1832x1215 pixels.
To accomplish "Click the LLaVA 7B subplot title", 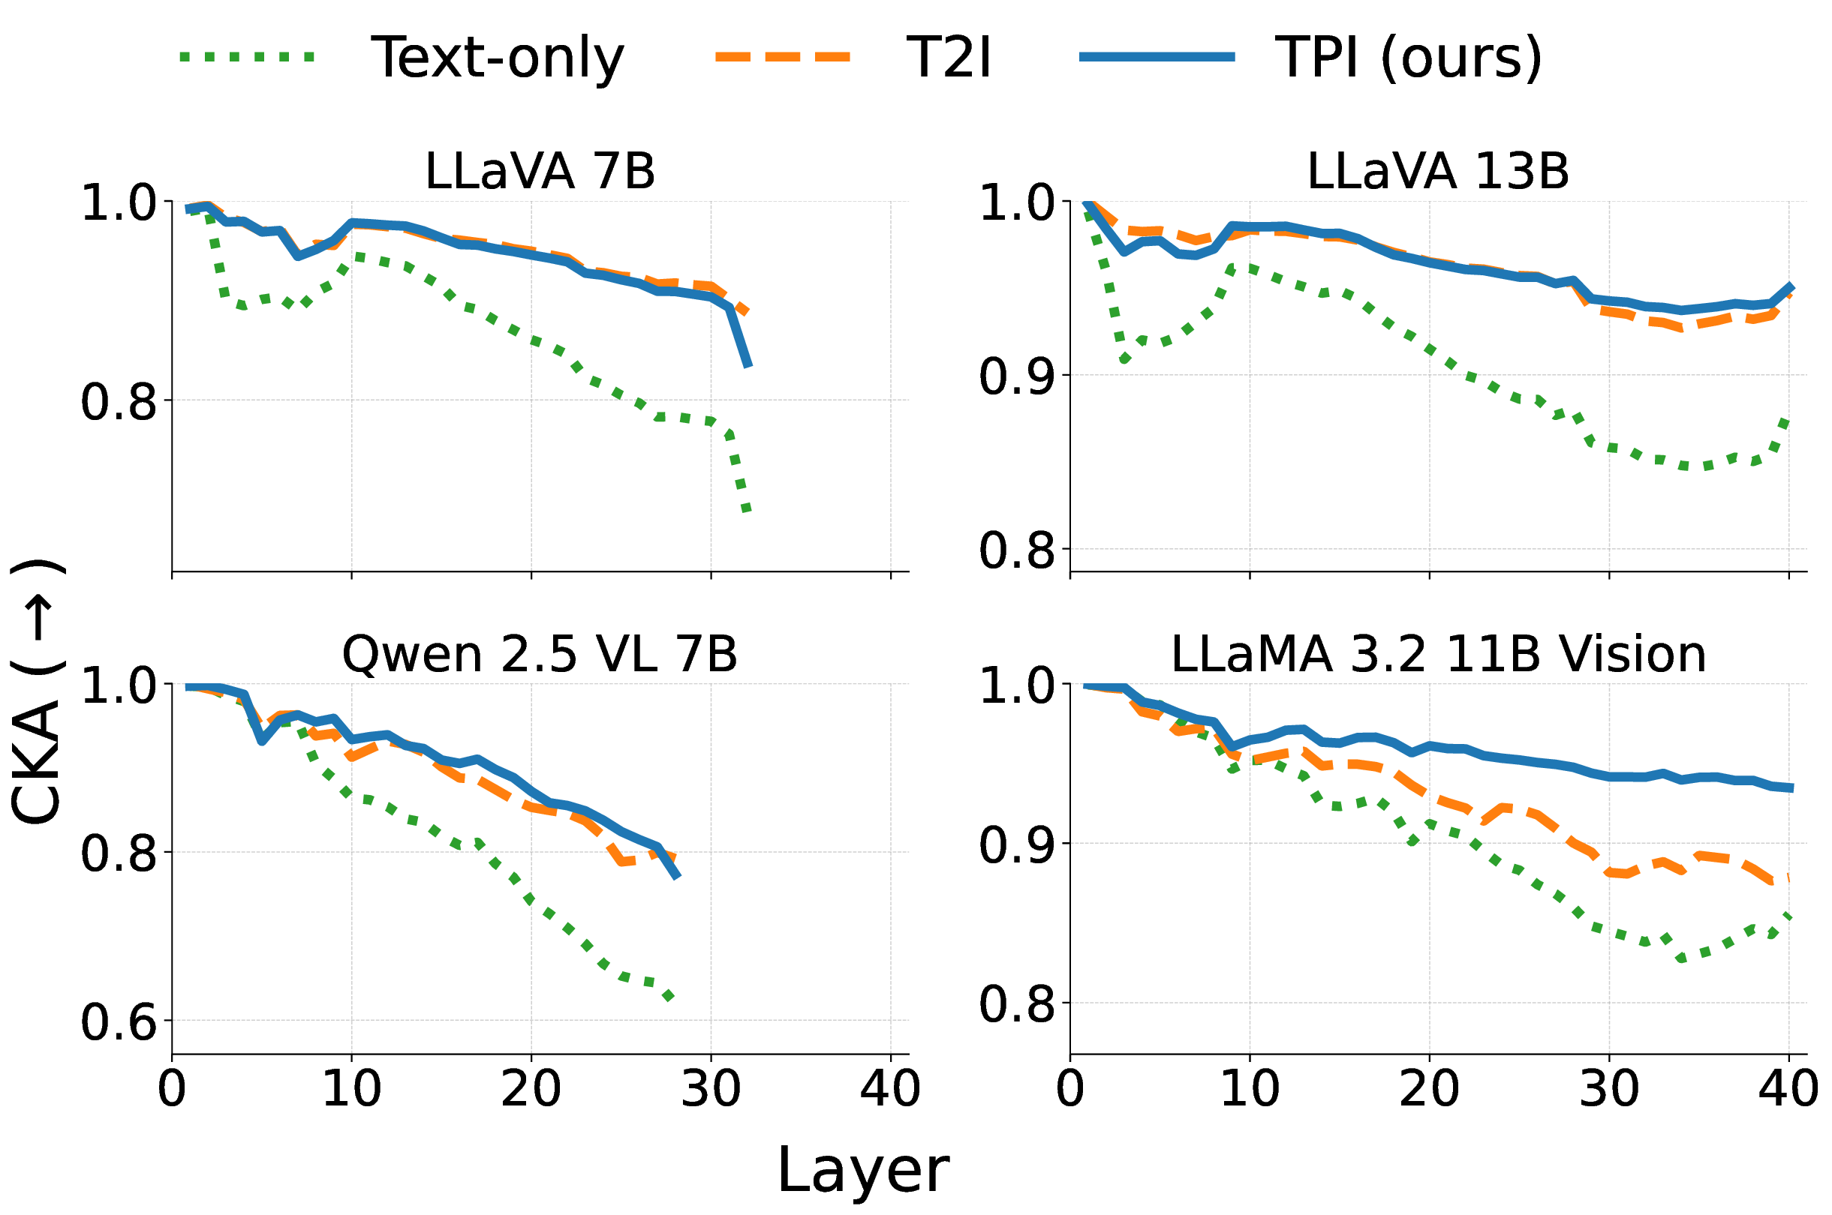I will pyautogui.click(x=540, y=171).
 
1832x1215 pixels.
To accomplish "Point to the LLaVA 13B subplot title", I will pyautogui.click(x=1438, y=171).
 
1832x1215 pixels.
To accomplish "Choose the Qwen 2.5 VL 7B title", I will pyautogui.click(x=540, y=654).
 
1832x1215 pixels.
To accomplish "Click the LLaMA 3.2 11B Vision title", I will pyautogui.click(x=1438, y=654).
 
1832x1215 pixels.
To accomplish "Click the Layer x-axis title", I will pyautogui.click(x=862, y=1170).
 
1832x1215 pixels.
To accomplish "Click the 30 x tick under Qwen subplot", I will pyautogui.click(x=711, y=1089).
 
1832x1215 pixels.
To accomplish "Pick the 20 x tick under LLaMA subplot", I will pyautogui.click(x=1429, y=1089).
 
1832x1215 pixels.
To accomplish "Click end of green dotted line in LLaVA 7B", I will pyautogui.click(x=747, y=511).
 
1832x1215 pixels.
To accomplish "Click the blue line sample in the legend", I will pyautogui.click(x=1157, y=56).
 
